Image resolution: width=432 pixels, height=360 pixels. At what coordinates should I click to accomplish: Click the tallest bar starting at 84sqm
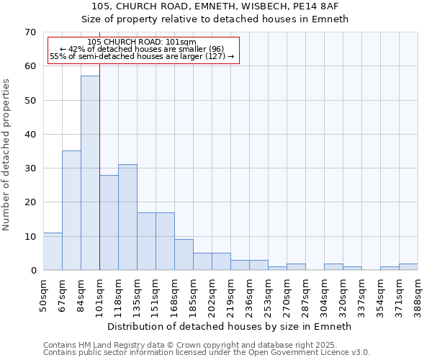coord(90,173)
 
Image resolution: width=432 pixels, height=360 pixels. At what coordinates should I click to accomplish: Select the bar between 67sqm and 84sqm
coord(71,210)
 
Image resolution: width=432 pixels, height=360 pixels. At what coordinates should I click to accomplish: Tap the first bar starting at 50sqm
coord(53,251)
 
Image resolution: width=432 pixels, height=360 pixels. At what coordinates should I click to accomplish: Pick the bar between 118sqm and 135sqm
coord(127,217)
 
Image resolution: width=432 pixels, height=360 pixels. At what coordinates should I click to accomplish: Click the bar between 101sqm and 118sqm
coord(109,222)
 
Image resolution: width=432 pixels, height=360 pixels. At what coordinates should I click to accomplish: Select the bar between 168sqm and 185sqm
coord(184,255)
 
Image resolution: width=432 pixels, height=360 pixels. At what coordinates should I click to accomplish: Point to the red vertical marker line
coord(99,166)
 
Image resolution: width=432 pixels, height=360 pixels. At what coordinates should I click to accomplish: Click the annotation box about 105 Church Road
coord(143,50)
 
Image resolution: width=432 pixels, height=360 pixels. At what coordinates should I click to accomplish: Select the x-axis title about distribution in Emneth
coord(230,326)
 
